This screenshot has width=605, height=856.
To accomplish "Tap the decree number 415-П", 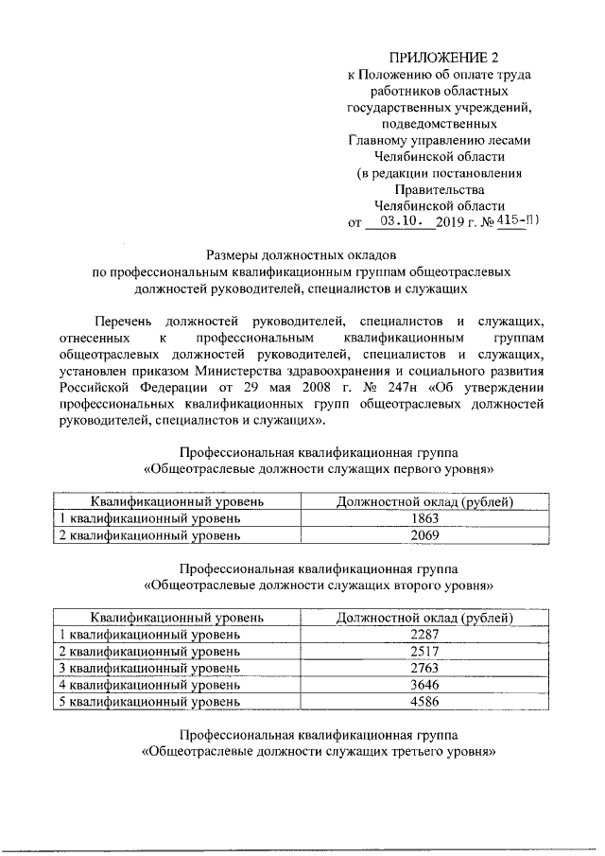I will (517, 221).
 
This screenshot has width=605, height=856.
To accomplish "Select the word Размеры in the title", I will (237, 254).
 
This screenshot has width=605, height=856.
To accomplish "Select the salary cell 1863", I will (425, 518).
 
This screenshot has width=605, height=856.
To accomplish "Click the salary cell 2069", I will (425, 534).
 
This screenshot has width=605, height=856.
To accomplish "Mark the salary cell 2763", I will (425, 668).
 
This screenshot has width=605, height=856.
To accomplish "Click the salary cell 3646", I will (425, 685).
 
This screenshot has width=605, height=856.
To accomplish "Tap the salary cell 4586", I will (425, 702).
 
